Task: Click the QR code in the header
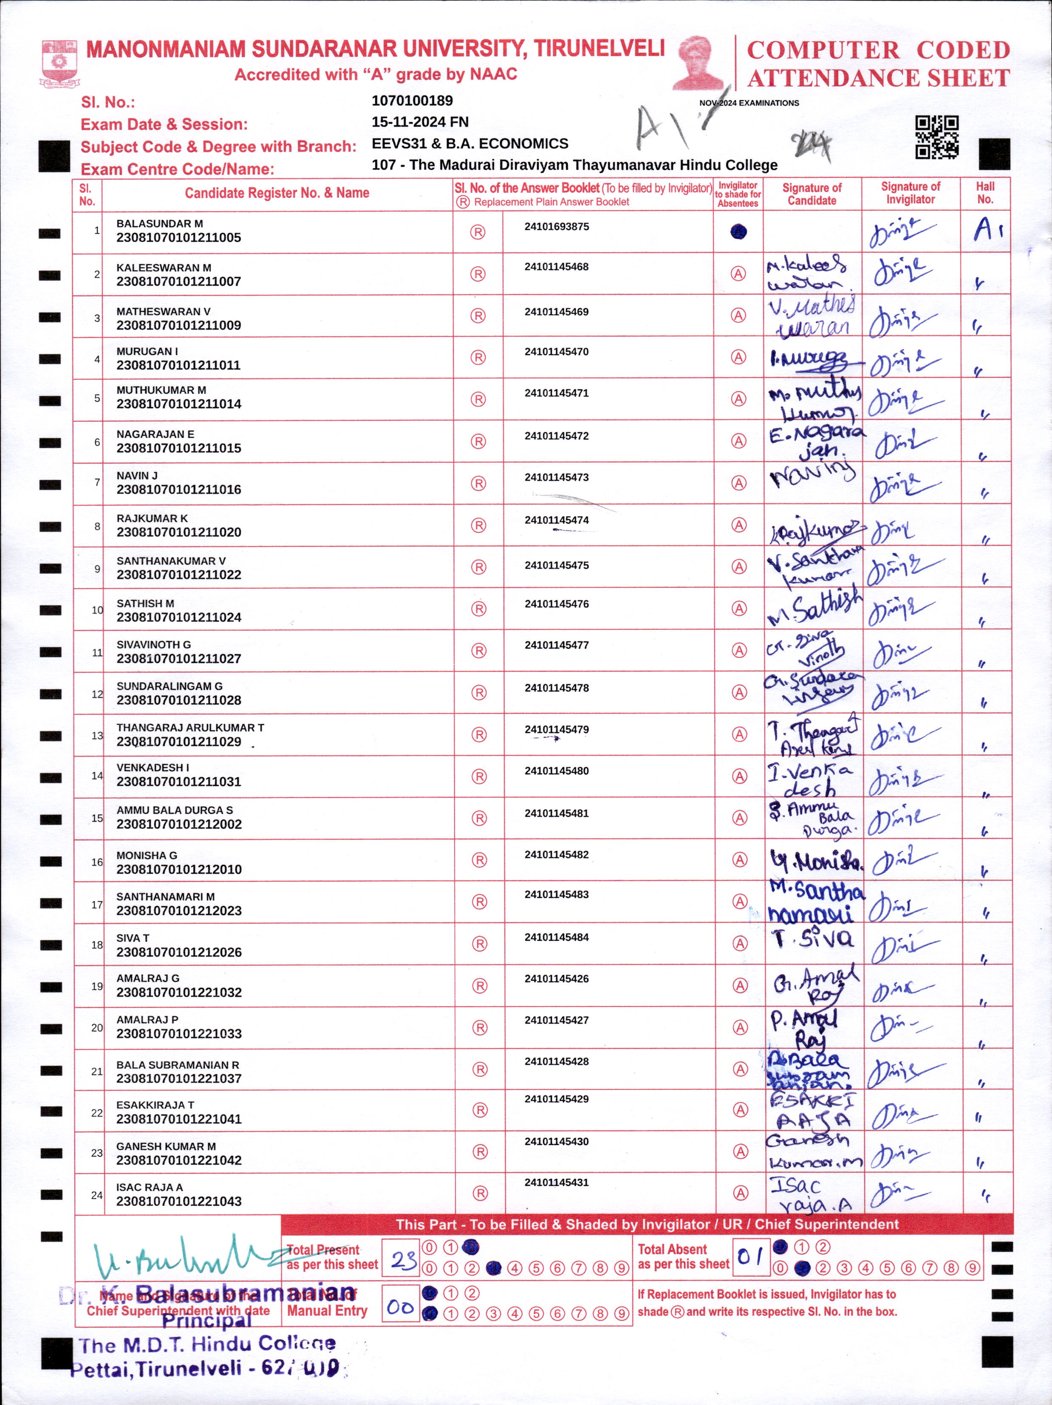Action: (936, 137)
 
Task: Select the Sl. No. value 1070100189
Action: (412, 100)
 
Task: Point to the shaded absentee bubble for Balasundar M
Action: (738, 232)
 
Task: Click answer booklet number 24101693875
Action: (557, 227)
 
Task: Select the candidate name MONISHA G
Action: (147, 855)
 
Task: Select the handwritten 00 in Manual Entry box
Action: (400, 1307)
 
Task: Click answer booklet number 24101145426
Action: (557, 979)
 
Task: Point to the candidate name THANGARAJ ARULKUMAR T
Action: (190, 727)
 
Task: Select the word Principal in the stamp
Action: (206, 1321)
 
